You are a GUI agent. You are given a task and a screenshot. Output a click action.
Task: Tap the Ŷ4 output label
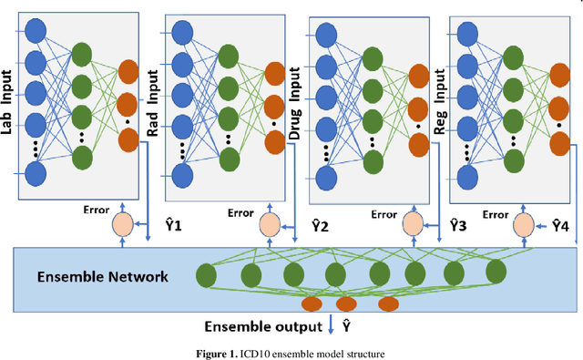pos(558,223)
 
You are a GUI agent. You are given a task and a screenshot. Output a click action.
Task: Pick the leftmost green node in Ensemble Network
pos(208,273)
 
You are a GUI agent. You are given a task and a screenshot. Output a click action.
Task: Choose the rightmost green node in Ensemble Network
pos(496,272)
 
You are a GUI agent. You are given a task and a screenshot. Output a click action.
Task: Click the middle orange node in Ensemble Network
pos(345,304)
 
